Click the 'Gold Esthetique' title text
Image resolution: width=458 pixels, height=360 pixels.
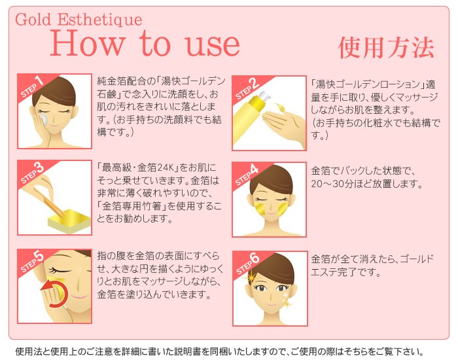tap(79, 20)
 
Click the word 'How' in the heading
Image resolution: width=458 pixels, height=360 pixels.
tap(88, 44)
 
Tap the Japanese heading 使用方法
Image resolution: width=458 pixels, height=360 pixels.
tap(386, 48)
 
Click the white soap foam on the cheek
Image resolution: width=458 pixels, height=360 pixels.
tap(43, 119)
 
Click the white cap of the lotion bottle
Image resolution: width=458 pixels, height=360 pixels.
tap(264, 98)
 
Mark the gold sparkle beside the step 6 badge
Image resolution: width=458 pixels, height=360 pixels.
tap(251, 276)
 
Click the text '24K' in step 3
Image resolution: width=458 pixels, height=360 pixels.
tap(166, 168)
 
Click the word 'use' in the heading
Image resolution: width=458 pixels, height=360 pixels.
tap(213, 46)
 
